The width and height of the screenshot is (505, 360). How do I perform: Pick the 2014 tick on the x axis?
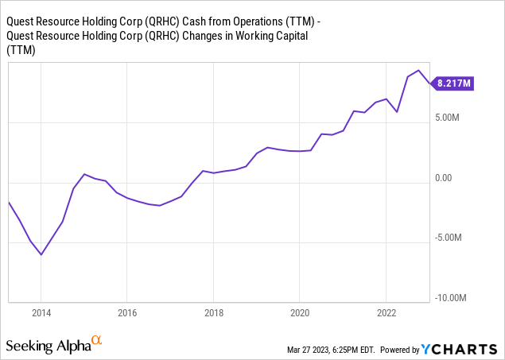[41, 312]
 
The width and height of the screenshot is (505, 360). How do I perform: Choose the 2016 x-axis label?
[127, 312]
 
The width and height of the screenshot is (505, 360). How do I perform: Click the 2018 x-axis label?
[213, 312]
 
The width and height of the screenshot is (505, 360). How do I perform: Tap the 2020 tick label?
[299, 312]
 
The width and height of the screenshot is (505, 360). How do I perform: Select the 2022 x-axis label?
[386, 312]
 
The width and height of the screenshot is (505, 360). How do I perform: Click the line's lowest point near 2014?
[41, 255]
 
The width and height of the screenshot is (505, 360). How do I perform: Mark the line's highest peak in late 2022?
[418, 71]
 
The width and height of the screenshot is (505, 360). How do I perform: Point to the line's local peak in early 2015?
[84, 173]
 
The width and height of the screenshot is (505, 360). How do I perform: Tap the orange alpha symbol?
[97, 342]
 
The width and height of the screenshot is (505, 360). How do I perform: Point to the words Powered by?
[405, 350]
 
